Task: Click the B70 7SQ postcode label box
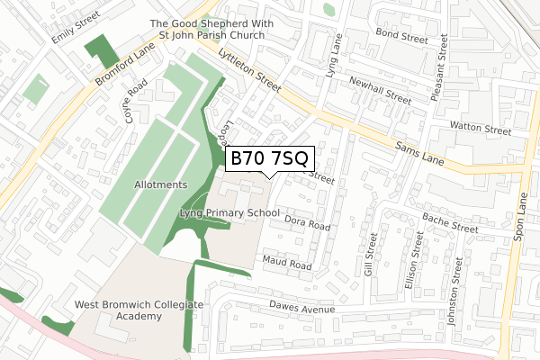269,158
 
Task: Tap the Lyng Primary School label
229,213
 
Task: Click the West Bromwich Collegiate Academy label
139,310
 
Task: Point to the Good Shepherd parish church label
207,30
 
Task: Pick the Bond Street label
401,39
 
